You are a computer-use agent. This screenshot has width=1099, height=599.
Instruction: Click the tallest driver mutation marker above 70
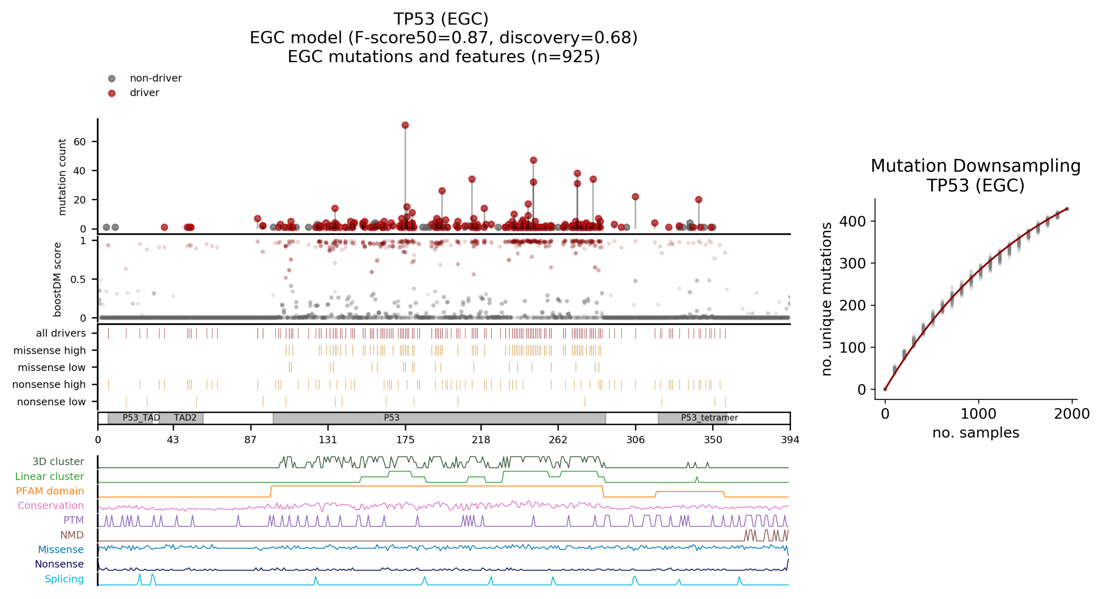tap(405, 125)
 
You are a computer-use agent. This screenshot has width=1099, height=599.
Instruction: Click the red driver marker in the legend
tap(112, 93)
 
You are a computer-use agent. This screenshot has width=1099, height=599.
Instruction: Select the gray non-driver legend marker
tap(112, 78)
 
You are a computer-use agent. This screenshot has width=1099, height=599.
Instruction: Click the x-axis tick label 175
tap(405, 440)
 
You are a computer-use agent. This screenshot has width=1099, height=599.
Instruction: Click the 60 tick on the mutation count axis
tap(80, 142)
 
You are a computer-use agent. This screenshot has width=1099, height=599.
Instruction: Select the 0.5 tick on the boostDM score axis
tap(78, 279)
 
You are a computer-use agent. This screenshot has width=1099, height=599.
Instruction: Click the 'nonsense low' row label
tap(51, 402)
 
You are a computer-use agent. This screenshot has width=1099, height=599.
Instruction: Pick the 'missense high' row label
tap(50, 351)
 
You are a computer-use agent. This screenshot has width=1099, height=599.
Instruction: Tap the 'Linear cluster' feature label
tap(50, 476)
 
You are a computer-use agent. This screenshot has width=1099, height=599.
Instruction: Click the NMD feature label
tap(72, 535)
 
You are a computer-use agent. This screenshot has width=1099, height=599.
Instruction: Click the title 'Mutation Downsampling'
tap(975, 166)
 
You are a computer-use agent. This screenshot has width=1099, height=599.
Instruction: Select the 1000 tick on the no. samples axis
tap(978, 414)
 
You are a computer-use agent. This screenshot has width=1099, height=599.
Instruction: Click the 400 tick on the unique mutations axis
tap(852, 221)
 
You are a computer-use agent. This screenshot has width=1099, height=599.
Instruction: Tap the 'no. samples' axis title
tap(975, 433)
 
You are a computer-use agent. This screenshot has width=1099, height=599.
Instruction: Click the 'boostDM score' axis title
tap(57, 279)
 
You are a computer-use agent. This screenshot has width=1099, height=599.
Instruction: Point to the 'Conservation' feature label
tap(51, 506)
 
